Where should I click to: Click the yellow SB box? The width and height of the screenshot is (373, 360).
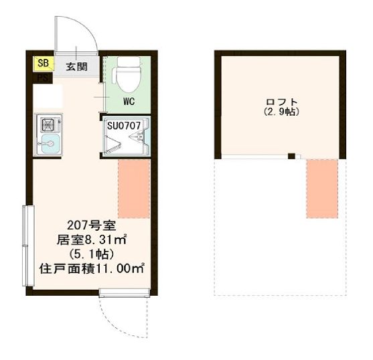coord(43,64)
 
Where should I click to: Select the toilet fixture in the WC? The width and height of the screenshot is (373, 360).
coord(127,76)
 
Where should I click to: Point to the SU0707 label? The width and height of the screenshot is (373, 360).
coord(125,125)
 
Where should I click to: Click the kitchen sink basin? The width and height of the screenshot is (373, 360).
coord(50,143)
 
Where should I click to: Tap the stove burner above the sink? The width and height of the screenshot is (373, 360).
coord(50,124)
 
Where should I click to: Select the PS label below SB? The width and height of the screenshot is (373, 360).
coord(42,77)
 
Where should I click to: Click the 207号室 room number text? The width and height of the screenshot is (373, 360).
coord(88,225)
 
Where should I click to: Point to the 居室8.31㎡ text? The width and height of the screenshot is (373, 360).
coord(92,240)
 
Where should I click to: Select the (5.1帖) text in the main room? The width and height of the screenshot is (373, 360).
coord(92,254)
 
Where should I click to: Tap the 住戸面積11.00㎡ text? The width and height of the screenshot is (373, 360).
coord(92,269)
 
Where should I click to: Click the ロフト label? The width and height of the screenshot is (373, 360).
coord(281,102)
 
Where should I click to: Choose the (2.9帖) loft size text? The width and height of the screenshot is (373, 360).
coord(281,113)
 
